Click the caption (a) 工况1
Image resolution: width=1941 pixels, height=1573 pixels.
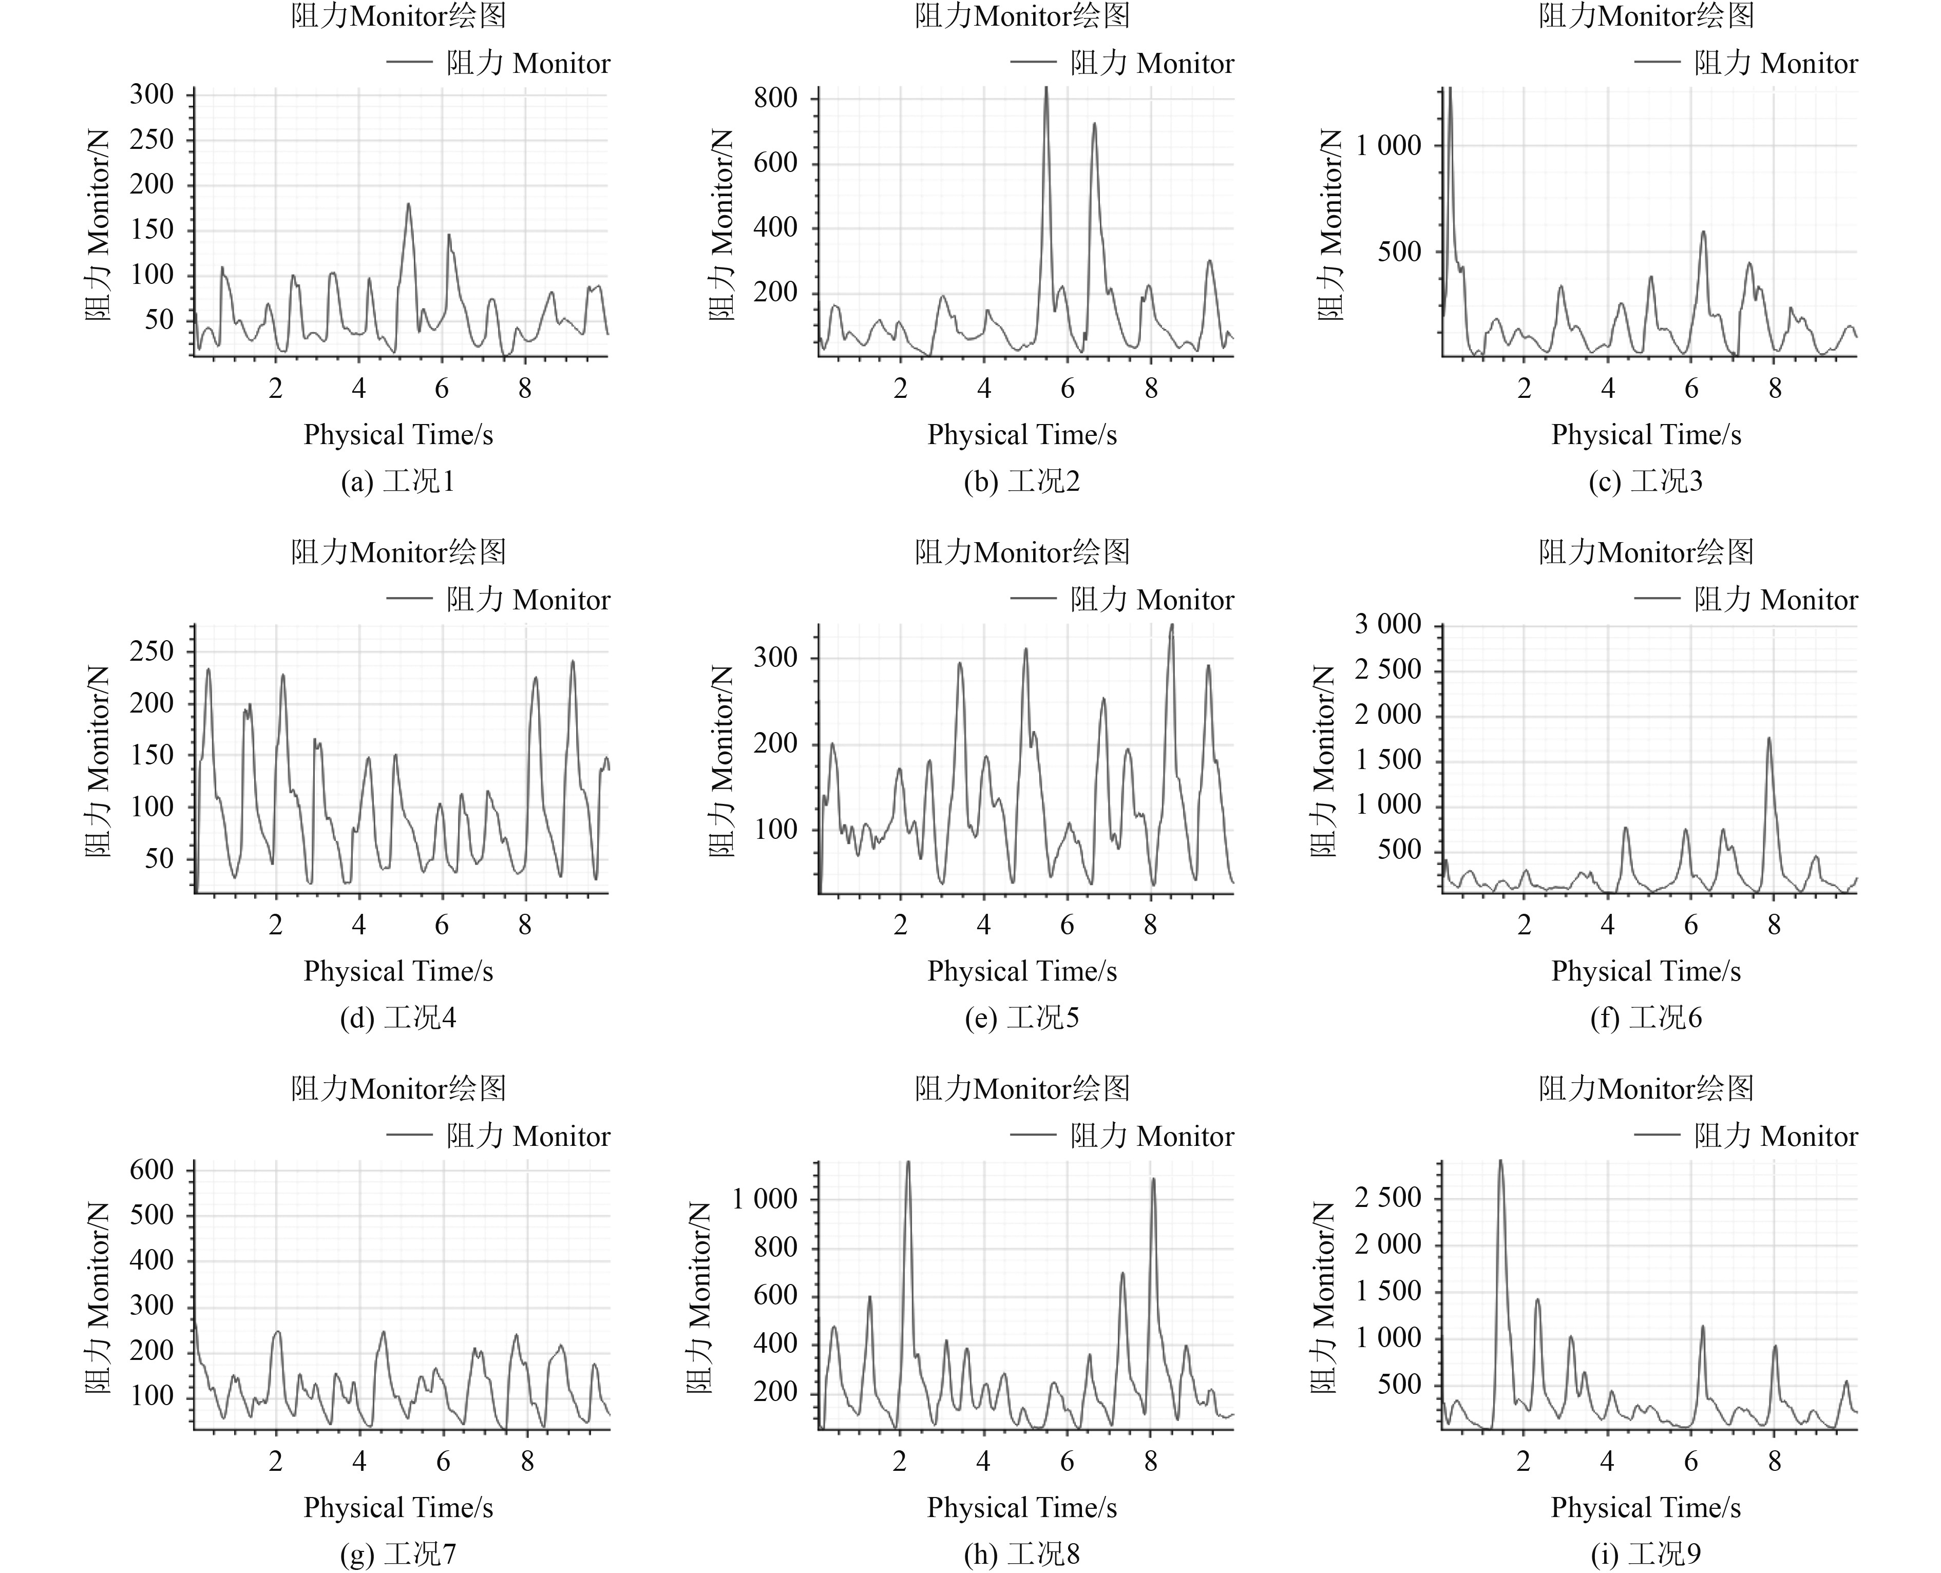click(398, 481)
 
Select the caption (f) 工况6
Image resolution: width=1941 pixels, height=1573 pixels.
click(1646, 1018)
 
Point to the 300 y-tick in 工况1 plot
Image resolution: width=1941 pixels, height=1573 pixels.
click(151, 94)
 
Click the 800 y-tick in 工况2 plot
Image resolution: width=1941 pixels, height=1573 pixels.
click(776, 98)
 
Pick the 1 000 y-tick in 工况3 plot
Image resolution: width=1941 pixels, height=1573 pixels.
click(1388, 145)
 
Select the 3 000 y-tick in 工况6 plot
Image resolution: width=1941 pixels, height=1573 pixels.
click(1388, 624)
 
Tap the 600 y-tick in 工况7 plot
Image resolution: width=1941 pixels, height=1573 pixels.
click(151, 1170)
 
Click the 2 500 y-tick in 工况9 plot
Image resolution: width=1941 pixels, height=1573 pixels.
click(1388, 1198)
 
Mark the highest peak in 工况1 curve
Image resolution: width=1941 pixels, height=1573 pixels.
click(409, 205)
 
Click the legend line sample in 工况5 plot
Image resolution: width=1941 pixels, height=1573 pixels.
click(1033, 598)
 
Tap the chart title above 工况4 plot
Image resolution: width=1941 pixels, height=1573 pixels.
click(398, 552)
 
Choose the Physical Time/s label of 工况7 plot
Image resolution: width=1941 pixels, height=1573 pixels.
click(398, 1507)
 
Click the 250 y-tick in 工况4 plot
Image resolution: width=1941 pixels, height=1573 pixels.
click(151, 651)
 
